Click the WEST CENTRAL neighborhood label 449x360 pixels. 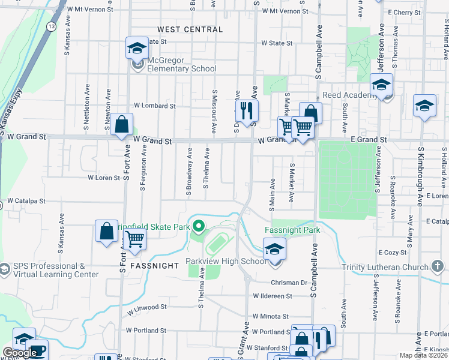tap(190, 29)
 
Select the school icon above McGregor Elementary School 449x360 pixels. tap(137, 48)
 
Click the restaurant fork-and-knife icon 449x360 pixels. tap(246, 110)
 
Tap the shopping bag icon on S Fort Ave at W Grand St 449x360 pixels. tap(121, 125)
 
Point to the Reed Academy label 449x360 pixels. tap(349, 95)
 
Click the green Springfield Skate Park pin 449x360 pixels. tap(199, 227)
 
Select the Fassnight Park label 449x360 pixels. tap(292, 230)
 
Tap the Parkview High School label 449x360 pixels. tap(226, 261)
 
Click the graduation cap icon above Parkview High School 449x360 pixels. tap(275, 248)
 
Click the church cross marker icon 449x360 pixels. tap(437, 266)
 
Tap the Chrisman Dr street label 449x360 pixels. tap(292, 282)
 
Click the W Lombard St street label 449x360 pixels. tap(154, 106)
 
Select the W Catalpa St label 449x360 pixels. tap(26, 200)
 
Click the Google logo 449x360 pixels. tap(20, 353)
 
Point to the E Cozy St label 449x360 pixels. tap(393, 253)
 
